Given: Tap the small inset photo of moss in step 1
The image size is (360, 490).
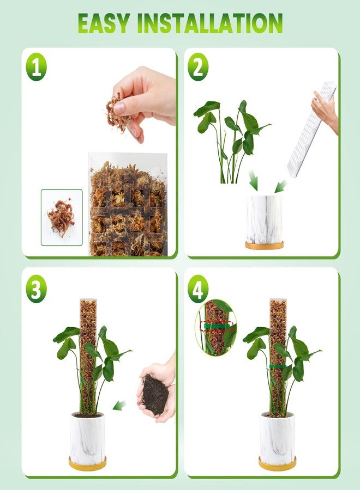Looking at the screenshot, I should coord(62,217).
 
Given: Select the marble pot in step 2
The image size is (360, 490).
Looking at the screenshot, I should coord(264,219).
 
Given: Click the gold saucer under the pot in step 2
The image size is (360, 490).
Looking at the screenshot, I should coord(264,246).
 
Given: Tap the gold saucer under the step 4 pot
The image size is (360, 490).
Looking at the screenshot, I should coord(277,464).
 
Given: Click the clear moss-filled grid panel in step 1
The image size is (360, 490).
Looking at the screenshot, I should coord(128,207).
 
